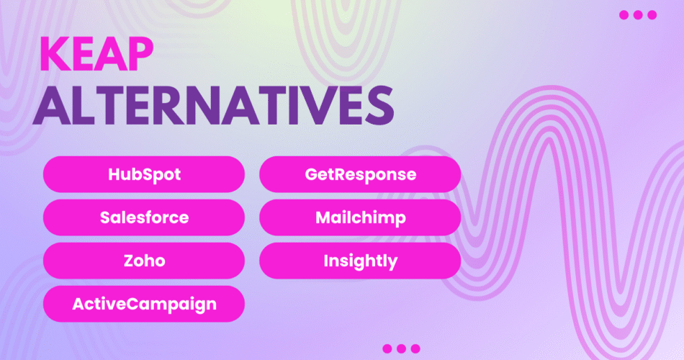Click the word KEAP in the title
pyautogui.click(x=96, y=54)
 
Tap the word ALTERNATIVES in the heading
pyautogui.click(x=214, y=106)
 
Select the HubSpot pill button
pyautogui.click(x=144, y=174)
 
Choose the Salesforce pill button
pyautogui.click(x=144, y=217)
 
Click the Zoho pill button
pyautogui.click(x=144, y=261)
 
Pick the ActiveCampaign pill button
pyautogui.click(x=144, y=304)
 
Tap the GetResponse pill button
pyautogui.click(x=360, y=174)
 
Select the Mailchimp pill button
pyautogui.click(x=360, y=217)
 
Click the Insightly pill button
pyautogui.click(x=360, y=261)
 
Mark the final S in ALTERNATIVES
pyautogui.click(x=379, y=107)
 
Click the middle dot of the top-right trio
pyautogui.click(x=638, y=15)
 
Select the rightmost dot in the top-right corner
pyautogui.click(x=652, y=15)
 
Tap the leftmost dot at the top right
pyautogui.click(x=624, y=15)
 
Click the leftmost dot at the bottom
pyautogui.click(x=387, y=348)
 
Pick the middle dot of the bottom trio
pyautogui.click(x=401, y=348)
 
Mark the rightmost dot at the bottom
pyautogui.click(x=415, y=348)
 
